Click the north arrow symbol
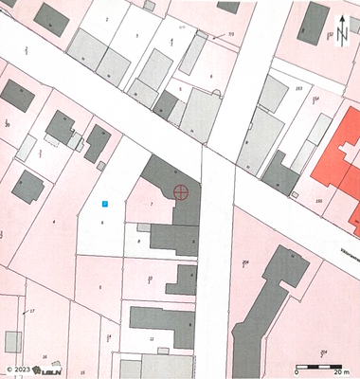340,29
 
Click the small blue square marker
105,203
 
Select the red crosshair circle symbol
181,192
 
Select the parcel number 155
318,201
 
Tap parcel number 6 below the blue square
101,222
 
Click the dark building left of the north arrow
316,23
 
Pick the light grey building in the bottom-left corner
12,341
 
